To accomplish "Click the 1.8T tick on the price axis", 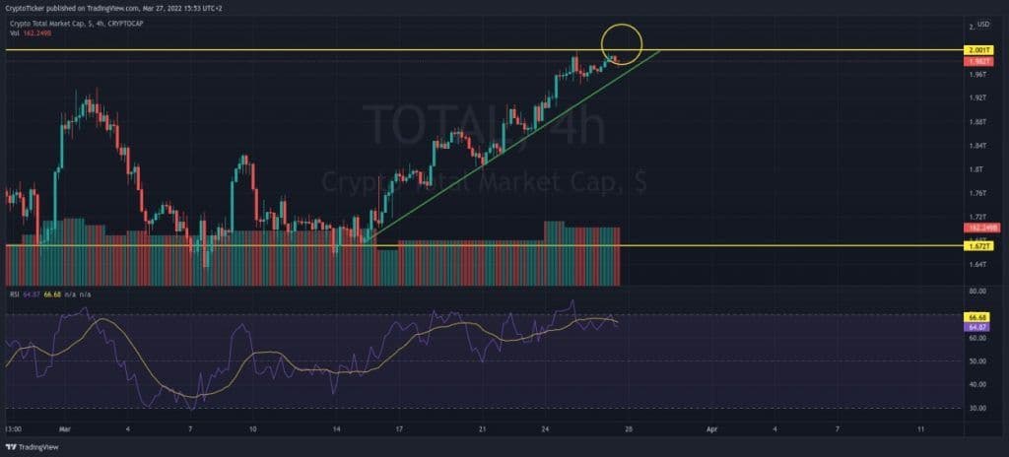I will (x=979, y=169).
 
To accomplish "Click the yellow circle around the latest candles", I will (x=621, y=42).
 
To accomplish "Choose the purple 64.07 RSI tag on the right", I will (x=978, y=326).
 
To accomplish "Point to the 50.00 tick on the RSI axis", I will (x=977, y=361).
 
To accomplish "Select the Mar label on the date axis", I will (x=65, y=430).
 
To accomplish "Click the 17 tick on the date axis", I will (x=399, y=430).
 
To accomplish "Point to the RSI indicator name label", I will (x=15, y=293).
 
